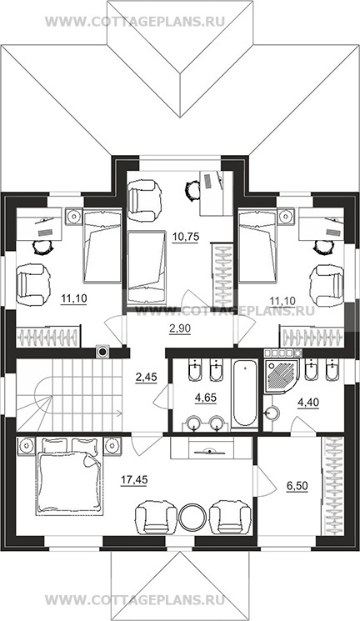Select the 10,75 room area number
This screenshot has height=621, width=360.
point(185,238)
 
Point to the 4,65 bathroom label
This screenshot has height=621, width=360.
point(206,398)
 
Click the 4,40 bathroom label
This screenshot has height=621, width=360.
point(307,402)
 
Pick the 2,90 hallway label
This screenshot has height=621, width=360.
point(179,328)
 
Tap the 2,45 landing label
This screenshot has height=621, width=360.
point(146,377)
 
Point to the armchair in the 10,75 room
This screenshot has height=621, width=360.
point(145,200)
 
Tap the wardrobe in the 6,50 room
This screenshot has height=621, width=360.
point(332,486)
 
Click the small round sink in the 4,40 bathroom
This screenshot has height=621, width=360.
point(272,413)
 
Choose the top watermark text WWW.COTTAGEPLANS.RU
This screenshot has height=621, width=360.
point(135,22)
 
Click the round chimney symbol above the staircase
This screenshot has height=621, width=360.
point(102,351)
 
